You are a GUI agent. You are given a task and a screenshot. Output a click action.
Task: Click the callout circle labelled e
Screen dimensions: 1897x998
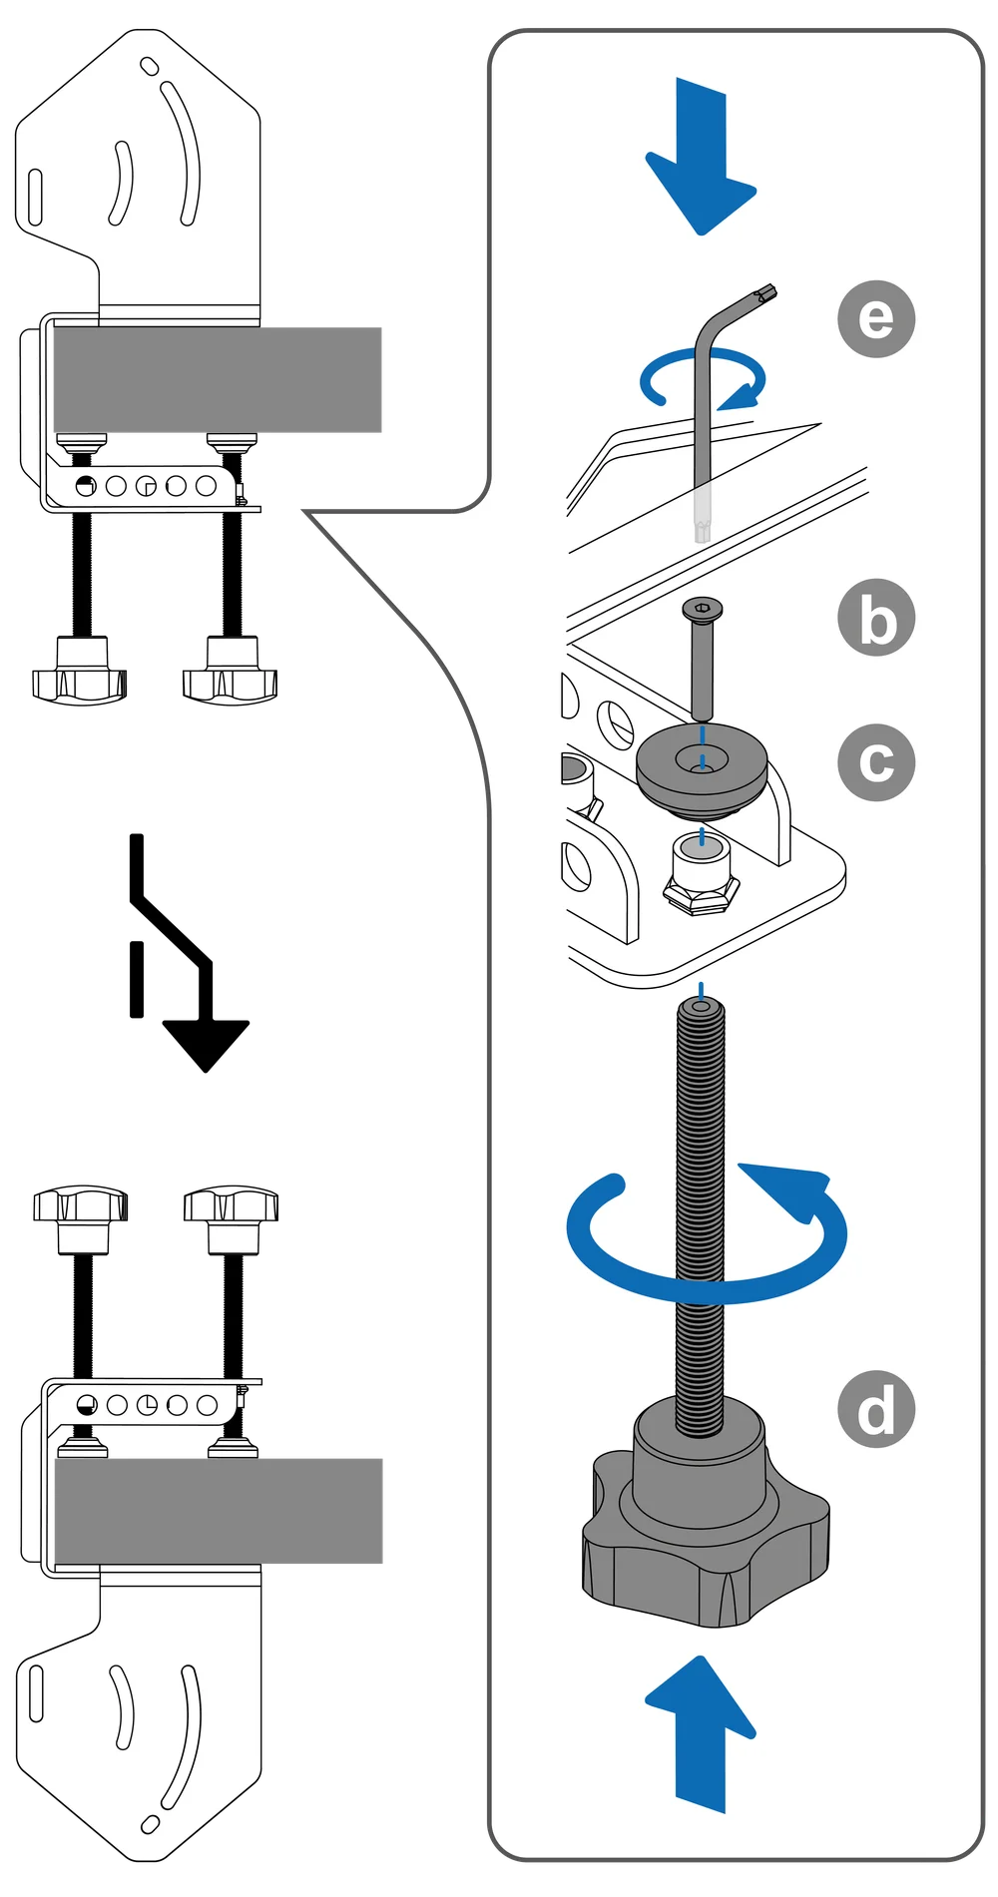pyautogui.click(x=876, y=319)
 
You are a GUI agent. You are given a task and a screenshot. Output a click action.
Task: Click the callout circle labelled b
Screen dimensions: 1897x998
pyautogui.click(x=876, y=621)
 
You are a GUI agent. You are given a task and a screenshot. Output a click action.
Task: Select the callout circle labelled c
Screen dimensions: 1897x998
pyautogui.click(x=876, y=763)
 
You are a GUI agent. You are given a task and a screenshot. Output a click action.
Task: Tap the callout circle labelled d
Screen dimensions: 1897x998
pyautogui.click(x=876, y=1410)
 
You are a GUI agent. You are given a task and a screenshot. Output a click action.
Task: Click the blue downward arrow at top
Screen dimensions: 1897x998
pyautogui.click(x=702, y=160)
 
